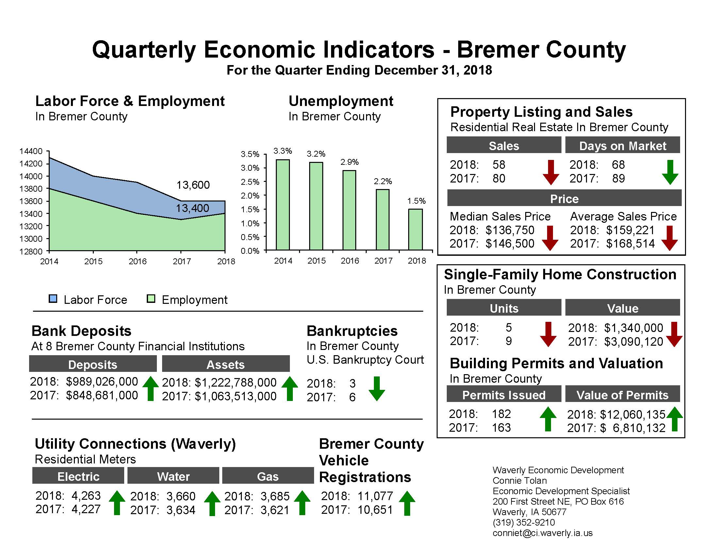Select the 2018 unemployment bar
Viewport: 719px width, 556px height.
(415, 229)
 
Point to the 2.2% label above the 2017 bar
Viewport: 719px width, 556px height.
(383, 181)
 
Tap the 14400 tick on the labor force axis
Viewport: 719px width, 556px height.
(31, 151)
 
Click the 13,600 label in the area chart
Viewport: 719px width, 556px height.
(193, 185)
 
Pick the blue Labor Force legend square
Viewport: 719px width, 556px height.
(53, 299)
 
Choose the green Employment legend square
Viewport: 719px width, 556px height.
(151, 299)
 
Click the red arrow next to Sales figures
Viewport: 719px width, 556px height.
(550, 172)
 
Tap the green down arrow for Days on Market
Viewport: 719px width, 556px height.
(670, 172)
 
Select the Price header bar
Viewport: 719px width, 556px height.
(564, 199)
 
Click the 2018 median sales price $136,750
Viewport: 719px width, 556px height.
(510, 230)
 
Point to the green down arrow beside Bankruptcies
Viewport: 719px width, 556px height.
(376, 389)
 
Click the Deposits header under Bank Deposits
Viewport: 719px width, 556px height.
(93, 364)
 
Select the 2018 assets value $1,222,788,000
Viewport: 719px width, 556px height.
(235, 382)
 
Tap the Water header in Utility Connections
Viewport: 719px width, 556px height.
(173, 476)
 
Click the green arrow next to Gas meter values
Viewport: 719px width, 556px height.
(302, 503)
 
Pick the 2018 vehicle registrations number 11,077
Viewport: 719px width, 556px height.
(375, 496)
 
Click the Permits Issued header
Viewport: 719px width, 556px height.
(504, 395)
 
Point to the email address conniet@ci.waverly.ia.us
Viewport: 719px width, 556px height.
(542, 533)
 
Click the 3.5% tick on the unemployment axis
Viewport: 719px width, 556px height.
(250, 154)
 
